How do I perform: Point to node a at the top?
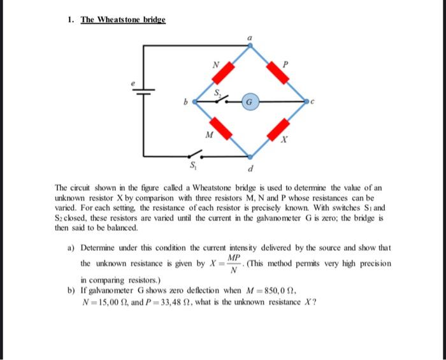(250, 45)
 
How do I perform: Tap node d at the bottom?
(250, 155)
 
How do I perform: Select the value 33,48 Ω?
(158, 301)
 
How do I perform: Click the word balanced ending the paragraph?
(122, 227)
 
